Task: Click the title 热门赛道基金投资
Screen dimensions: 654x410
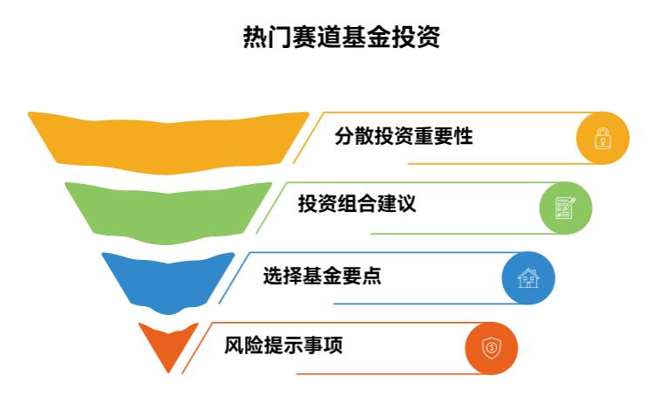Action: [x=341, y=38]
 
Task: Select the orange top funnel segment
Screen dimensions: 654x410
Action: [x=168, y=143]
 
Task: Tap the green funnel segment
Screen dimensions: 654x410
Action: [x=168, y=213]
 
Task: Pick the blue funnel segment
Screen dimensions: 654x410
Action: [x=168, y=283]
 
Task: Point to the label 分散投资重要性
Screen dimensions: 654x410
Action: [x=404, y=136]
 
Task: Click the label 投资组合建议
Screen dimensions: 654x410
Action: [x=357, y=204]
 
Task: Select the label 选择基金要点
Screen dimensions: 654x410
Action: [x=322, y=276]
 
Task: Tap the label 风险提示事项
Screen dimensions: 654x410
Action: [x=283, y=345]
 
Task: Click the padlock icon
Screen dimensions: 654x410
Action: [x=603, y=138]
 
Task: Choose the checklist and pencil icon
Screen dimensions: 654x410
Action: [x=566, y=208]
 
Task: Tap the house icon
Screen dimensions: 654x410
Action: [x=528, y=277]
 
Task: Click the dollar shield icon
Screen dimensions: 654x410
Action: [x=491, y=348]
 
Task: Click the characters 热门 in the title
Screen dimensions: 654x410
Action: [x=268, y=38]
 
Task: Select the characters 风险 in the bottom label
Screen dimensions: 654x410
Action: [x=244, y=345]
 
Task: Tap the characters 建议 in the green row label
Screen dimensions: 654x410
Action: [x=396, y=204]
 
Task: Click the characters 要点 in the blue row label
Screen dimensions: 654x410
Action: [x=361, y=276]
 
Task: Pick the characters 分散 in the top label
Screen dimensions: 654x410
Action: [x=354, y=136]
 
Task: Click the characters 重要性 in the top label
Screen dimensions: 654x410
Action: [x=443, y=136]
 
